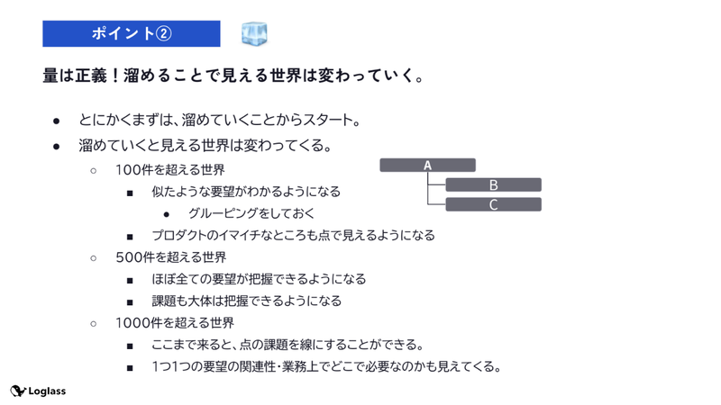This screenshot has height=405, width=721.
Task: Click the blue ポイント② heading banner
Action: tap(132, 33)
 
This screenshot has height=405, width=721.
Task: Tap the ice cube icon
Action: tap(254, 33)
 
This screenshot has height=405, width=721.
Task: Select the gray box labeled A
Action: tap(427, 166)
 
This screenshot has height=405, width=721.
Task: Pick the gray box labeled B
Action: tap(493, 184)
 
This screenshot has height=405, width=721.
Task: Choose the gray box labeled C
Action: tap(493, 204)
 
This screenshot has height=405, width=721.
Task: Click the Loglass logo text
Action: tap(47, 391)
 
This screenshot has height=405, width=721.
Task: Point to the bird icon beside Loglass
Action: tap(18, 391)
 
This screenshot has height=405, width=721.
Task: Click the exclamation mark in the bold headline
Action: tap(115, 76)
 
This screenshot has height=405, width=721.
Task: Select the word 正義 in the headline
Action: tap(91, 76)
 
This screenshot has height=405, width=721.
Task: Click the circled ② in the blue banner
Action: tap(164, 33)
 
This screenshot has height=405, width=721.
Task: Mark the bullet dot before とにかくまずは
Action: tap(57, 121)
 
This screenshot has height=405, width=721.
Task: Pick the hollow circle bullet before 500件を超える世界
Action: tap(94, 258)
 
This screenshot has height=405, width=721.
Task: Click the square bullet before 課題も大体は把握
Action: tap(130, 302)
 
